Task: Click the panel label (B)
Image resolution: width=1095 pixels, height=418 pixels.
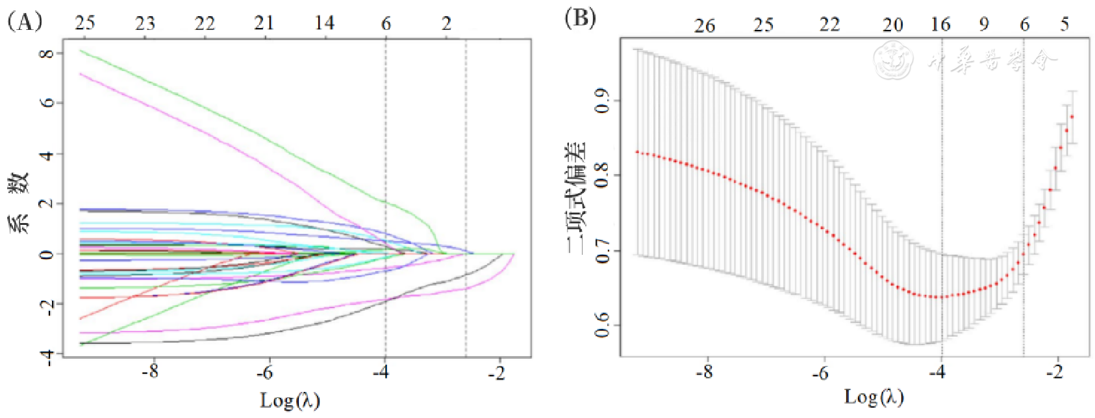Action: (x=580, y=18)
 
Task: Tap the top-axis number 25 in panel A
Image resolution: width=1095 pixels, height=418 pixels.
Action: (x=85, y=23)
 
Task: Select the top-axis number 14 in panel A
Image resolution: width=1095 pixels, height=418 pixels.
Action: (x=325, y=23)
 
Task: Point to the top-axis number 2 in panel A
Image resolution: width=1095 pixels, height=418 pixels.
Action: (x=447, y=23)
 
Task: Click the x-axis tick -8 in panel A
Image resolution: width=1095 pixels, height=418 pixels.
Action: (x=151, y=372)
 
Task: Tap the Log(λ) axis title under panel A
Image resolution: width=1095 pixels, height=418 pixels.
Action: (x=290, y=400)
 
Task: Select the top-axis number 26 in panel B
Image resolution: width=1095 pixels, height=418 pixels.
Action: (x=705, y=26)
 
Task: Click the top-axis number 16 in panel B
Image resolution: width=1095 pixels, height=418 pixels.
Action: (x=940, y=25)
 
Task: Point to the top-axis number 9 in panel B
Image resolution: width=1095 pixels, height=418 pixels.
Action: (x=985, y=25)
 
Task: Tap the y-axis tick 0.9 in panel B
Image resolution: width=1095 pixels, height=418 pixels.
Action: (x=603, y=101)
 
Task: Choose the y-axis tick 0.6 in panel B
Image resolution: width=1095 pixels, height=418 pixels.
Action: (x=603, y=324)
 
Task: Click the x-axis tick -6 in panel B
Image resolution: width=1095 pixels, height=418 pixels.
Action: (x=821, y=372)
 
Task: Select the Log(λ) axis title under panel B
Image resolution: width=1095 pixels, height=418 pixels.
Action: (x=874, y=396)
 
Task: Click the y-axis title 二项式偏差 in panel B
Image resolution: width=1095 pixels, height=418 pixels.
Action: (x=577, y=198)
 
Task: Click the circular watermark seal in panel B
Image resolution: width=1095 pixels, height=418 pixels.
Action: (x=894, y=59)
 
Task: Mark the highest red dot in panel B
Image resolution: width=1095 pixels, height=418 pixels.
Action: (x=1072, y=117)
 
